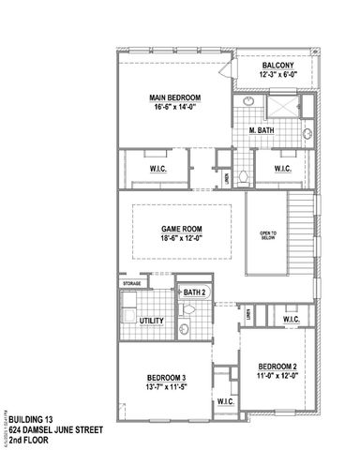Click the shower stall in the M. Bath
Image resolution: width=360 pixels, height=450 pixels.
[282, 105]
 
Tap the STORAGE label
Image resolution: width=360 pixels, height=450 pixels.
[130, 282]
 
